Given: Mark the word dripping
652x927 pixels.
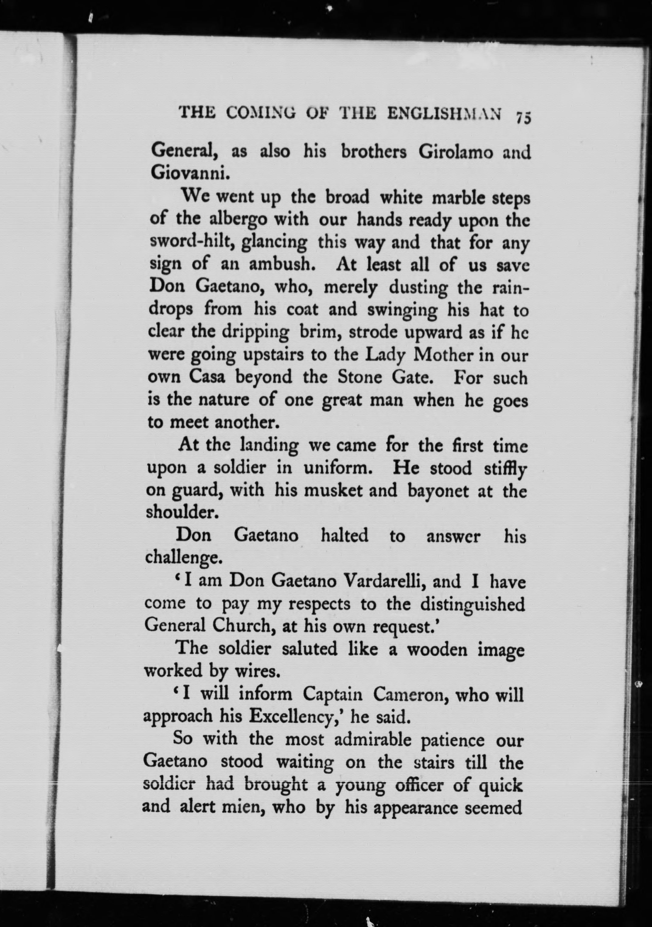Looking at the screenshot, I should [255, 333].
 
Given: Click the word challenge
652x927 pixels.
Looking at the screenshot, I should [184, 558].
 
